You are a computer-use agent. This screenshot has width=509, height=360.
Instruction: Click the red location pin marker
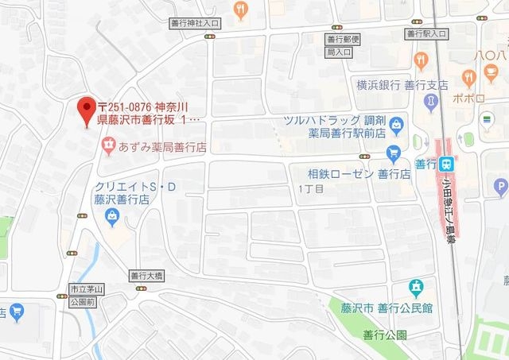click(84, 110)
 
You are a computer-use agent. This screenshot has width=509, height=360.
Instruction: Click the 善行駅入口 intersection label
click(426, 34)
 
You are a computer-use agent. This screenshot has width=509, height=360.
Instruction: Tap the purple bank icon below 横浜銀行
click(430, 101)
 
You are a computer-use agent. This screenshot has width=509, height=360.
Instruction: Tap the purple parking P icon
click(500, 188)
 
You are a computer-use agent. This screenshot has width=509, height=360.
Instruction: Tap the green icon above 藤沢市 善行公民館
click(414, 286)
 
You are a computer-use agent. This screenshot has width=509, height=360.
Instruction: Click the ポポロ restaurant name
click(470, 99)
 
